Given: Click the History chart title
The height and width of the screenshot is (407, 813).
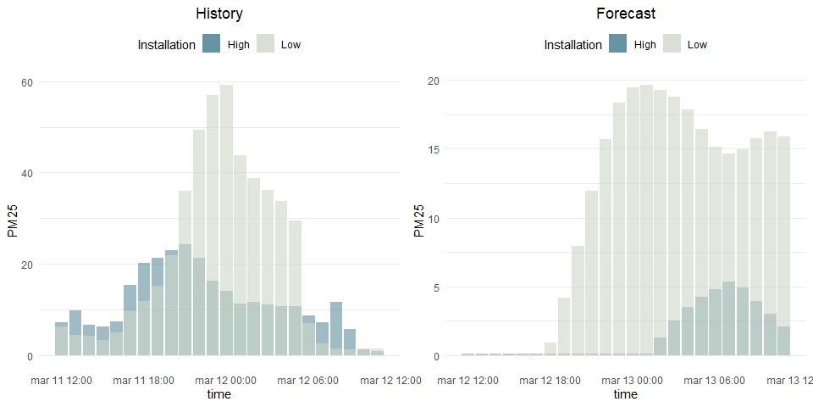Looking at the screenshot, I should click(218, 14).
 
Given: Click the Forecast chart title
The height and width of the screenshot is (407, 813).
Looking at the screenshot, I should click(625, 14).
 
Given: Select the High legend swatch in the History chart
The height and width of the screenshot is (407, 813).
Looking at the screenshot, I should click(212, 45).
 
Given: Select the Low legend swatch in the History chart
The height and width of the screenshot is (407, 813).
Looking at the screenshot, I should click(265, 45).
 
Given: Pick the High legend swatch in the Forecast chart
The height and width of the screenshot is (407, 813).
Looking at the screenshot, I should click(618, 45).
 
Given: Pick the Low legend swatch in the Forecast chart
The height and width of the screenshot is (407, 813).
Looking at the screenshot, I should click(672, 45).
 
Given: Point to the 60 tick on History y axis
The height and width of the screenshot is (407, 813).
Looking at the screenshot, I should click(26, 82).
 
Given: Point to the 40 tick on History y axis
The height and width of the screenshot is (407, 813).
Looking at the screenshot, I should click(26, 173).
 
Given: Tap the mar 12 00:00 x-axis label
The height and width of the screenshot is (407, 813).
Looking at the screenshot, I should click(225, 381).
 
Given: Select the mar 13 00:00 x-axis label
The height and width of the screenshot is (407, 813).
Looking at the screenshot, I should click(632, 381).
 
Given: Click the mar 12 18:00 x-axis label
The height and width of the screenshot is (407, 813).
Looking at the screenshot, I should click(550, 381).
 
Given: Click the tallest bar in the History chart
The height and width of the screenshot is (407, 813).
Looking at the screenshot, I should click(226, 220).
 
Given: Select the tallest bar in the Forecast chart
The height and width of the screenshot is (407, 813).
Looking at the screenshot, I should click(646, 220).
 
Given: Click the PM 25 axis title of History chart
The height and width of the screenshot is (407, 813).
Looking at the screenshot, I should click(13, 219).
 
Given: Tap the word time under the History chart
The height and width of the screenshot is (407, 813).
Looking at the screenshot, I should click(218, 394).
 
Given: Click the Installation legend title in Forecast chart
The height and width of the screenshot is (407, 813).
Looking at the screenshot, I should click(572, 45).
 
